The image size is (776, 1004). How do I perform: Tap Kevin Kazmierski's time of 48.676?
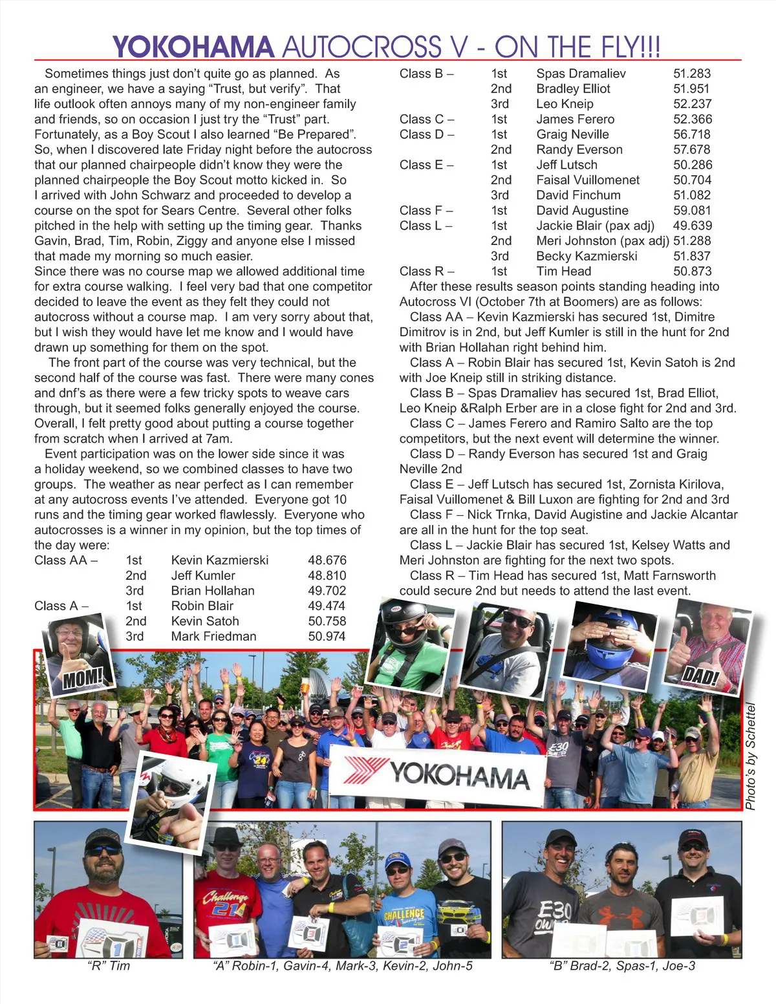327,561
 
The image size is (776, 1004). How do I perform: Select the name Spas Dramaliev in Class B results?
581,74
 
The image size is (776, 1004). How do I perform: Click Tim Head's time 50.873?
693,272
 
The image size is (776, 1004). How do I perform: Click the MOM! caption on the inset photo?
83,678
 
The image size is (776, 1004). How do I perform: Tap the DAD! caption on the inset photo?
701,677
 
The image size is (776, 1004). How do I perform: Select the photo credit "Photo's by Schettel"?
750,756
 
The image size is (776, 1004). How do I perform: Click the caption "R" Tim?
108,966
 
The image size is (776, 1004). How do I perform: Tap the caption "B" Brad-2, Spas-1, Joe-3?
621,966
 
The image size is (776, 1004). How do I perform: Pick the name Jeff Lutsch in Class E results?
566,165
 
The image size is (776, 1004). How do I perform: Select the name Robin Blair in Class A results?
202,606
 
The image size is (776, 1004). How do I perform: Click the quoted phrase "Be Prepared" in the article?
314,134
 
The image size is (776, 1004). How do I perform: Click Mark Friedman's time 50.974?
327,636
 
